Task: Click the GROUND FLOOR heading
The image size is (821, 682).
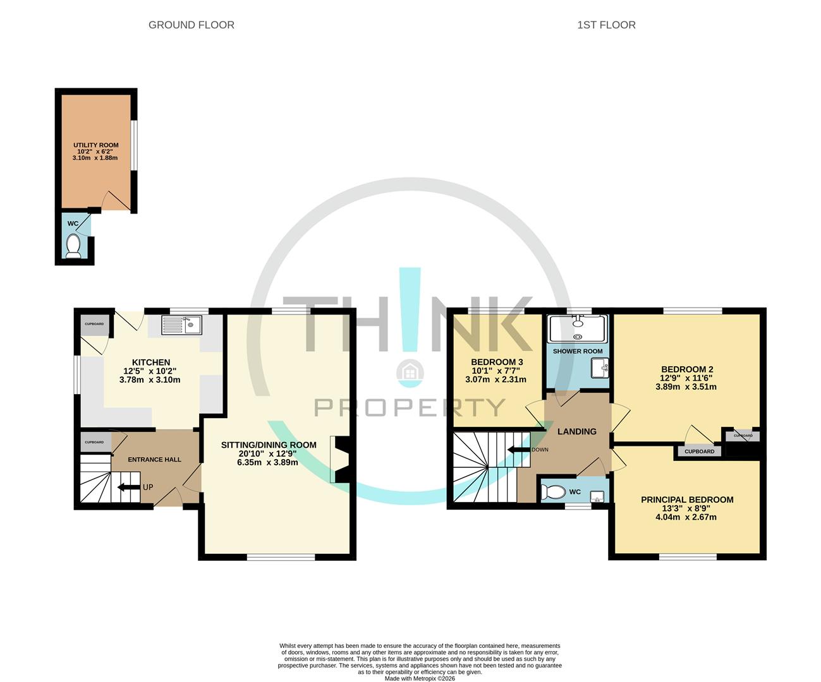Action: point(191,25)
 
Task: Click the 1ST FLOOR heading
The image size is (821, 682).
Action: point(606,25)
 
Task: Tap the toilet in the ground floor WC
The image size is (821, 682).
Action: point(73,246)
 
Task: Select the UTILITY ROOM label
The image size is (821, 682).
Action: point(95,145)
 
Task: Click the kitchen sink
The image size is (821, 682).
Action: point(181,325)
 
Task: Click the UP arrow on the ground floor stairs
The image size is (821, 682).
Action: point(130,487)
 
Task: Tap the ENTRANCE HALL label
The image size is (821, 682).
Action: point(154,460)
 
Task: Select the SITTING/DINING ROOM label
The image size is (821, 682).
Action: point(268,445)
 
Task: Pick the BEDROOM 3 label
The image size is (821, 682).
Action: point(496,362)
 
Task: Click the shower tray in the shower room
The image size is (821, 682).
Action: point(578,328)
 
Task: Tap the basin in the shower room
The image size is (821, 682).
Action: point(599,368)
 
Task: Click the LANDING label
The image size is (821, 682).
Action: point(576,431)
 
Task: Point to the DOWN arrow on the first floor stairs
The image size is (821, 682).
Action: point(519,450)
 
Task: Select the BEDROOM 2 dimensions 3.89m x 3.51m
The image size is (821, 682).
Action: point(686,387)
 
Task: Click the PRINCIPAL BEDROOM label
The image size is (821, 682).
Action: point(687,500)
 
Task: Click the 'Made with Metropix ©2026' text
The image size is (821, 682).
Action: point(420,679)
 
